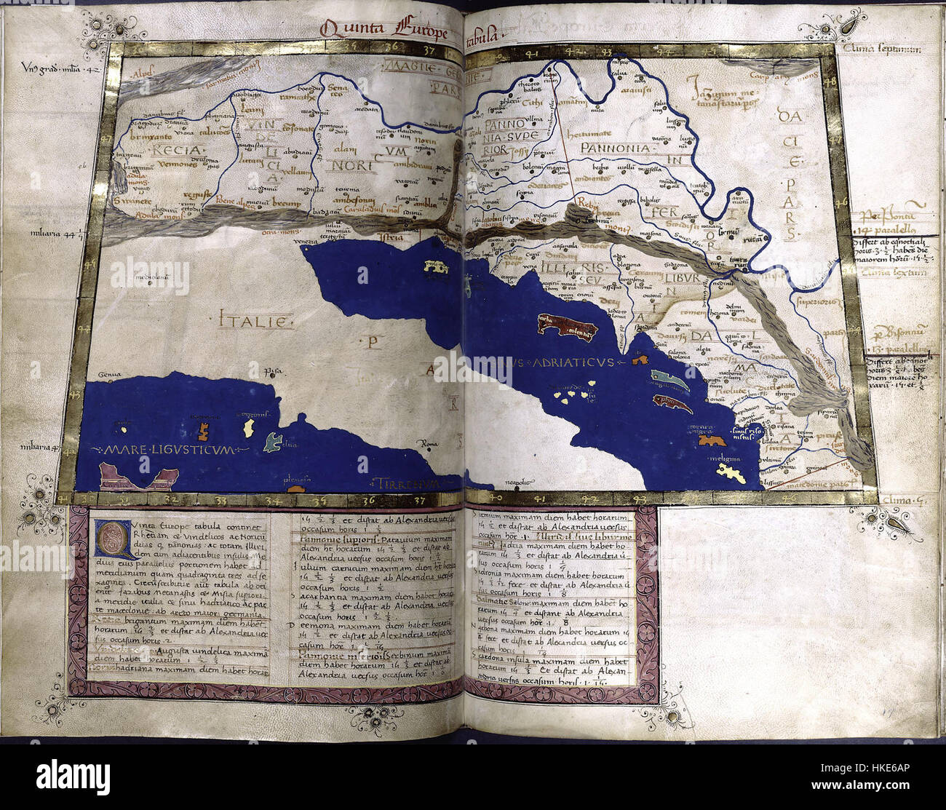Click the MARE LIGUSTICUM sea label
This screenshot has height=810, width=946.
point(170,450)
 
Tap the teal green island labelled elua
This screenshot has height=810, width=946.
point(272,441)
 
